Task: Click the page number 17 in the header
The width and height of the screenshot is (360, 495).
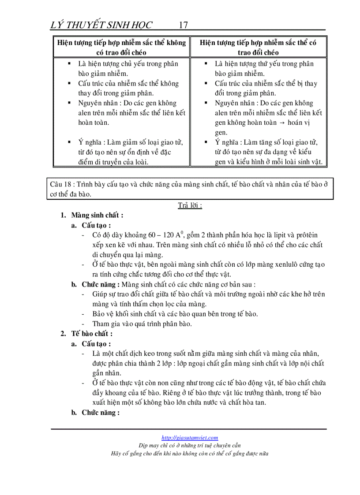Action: [x=183, y=25]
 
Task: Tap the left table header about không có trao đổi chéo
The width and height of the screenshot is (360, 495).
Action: [x=121, y=48]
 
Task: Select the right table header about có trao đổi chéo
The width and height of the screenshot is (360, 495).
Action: [x=258, y=48]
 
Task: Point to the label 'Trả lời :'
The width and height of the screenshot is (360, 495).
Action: [x=190, y=205]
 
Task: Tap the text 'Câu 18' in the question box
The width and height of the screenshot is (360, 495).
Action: [x=60, y=184]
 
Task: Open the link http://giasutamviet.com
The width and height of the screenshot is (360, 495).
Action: [x=190, y=438]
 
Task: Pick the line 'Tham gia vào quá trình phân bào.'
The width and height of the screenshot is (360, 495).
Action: [x=142, y=324]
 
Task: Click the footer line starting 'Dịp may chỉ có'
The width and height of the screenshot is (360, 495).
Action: [x=190, y=445]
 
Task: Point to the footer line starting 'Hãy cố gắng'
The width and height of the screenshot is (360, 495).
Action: [x=190, y=453]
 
